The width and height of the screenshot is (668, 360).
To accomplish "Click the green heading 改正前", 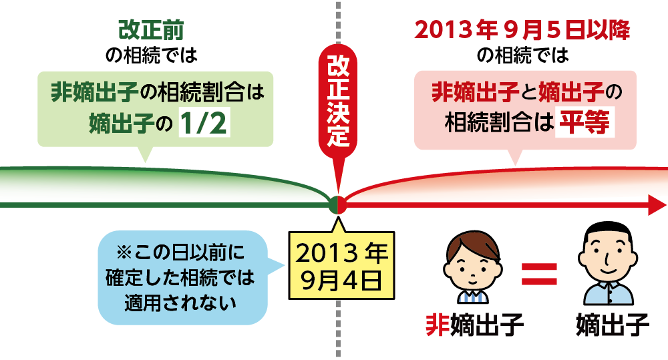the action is click(151, 30).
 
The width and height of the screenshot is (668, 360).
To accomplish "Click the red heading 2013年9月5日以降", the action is click(522, 31).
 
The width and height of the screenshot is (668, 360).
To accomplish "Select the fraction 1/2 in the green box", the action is click(204, 123).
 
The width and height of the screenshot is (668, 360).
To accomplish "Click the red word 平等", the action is click(584, 123).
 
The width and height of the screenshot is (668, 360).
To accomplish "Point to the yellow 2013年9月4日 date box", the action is click(341, 265).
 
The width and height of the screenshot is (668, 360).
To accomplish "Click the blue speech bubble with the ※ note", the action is click(182, 277).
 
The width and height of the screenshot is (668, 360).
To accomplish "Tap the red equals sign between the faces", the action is click(539, 274).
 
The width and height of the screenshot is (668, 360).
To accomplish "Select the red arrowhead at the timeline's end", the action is click(657, 205).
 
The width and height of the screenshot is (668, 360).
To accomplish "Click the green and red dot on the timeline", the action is click(338, 205).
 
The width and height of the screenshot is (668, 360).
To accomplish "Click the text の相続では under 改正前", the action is click(151, 55).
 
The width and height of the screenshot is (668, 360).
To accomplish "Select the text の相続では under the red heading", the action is click(523, 55).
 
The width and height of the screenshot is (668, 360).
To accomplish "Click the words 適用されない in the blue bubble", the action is click(180, 303).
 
